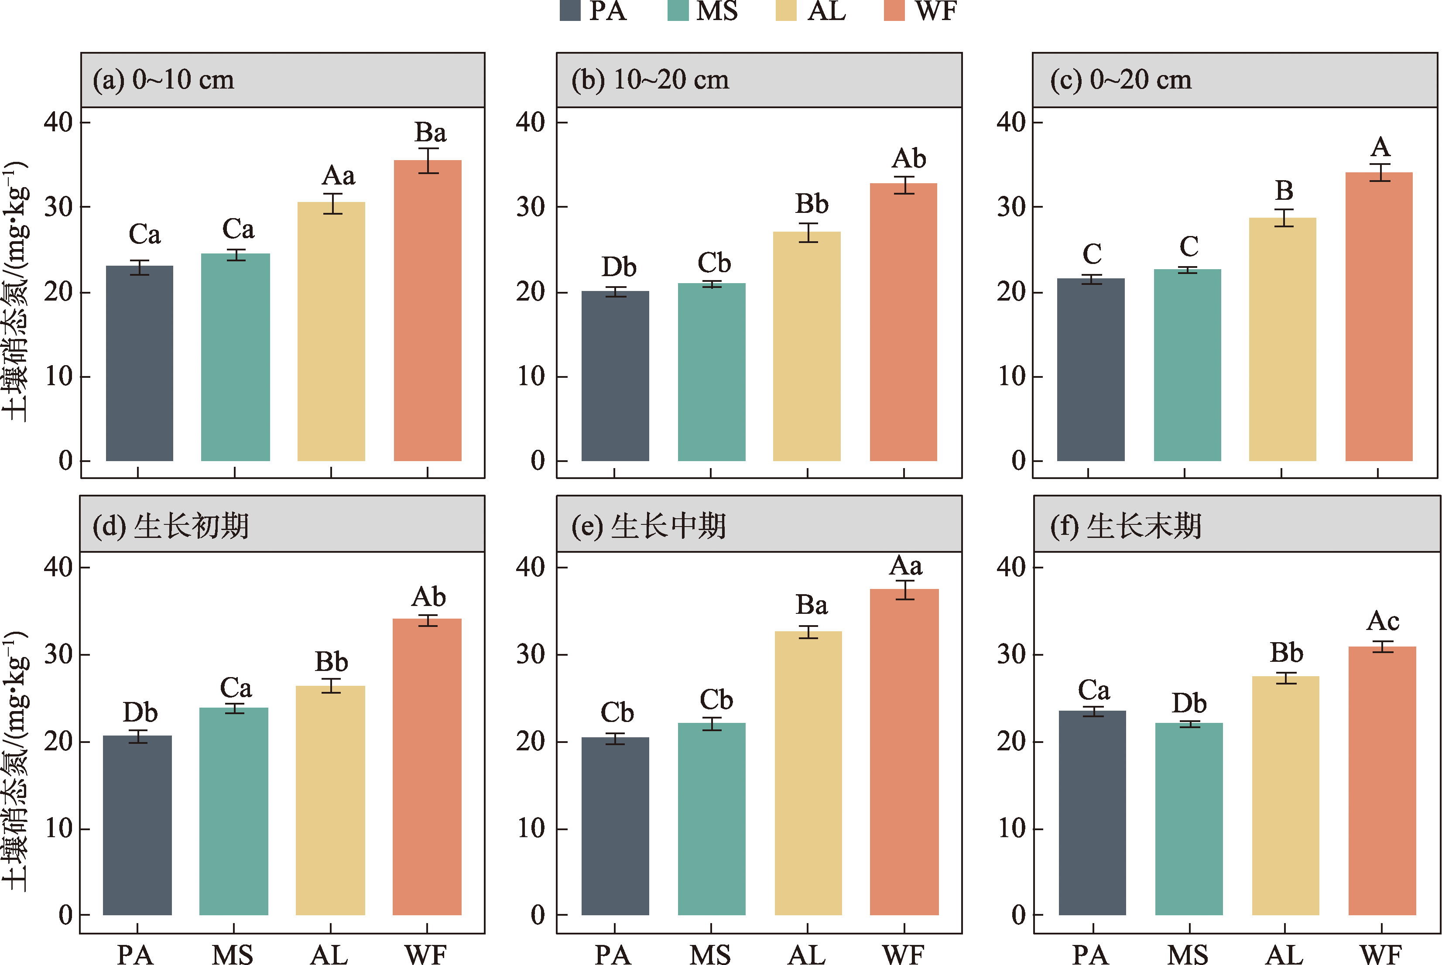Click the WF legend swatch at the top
[x=894, y=10]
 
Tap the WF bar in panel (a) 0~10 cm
[x=427, y=311]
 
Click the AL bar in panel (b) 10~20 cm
[x=806, y=346]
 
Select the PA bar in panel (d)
[x=137, y=825]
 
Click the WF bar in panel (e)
[x=904, y=751]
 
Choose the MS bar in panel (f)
[x=1189, y=818]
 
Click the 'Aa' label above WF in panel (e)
[x=905, y=565]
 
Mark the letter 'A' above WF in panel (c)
[x=1380, y=147]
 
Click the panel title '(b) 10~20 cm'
[x=650, y=80]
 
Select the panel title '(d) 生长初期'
[x=171, y=526]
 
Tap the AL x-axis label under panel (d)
[x=329, y=955]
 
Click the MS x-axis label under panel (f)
[x=1188, y=955]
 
